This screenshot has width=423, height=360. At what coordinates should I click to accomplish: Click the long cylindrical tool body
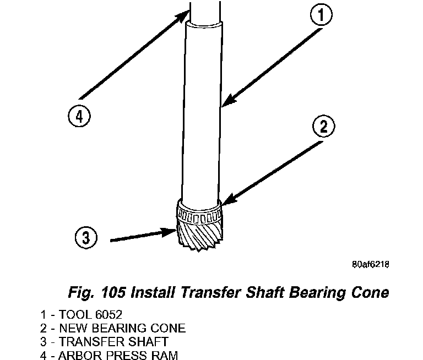click(203, 110)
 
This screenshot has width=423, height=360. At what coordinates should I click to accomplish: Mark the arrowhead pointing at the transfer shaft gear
click(171, 232)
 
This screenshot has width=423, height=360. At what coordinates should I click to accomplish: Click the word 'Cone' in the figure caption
click(369, 292)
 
